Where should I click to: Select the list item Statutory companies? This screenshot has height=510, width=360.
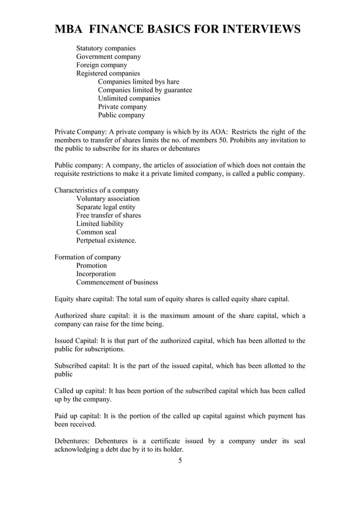click(106, 49)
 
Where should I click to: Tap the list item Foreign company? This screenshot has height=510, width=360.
click(102, 65)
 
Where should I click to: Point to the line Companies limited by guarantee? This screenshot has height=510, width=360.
click(145, 90)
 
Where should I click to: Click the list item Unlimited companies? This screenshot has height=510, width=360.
click(129, 98)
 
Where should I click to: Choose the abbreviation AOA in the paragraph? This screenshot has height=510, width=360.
click(214, 132)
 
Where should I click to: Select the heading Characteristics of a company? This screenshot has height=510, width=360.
click(96, 190)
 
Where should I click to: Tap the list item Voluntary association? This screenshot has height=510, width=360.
click(108, 199)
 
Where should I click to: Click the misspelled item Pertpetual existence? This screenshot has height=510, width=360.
click(106, 241)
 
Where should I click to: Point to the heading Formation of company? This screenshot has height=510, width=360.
click(87, 257)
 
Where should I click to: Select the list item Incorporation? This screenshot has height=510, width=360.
click(96, 274)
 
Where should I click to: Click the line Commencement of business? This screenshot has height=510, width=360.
click(117, 282)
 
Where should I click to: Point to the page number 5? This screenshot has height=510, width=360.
click(180, 461)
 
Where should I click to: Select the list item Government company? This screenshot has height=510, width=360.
click(108, 56)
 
